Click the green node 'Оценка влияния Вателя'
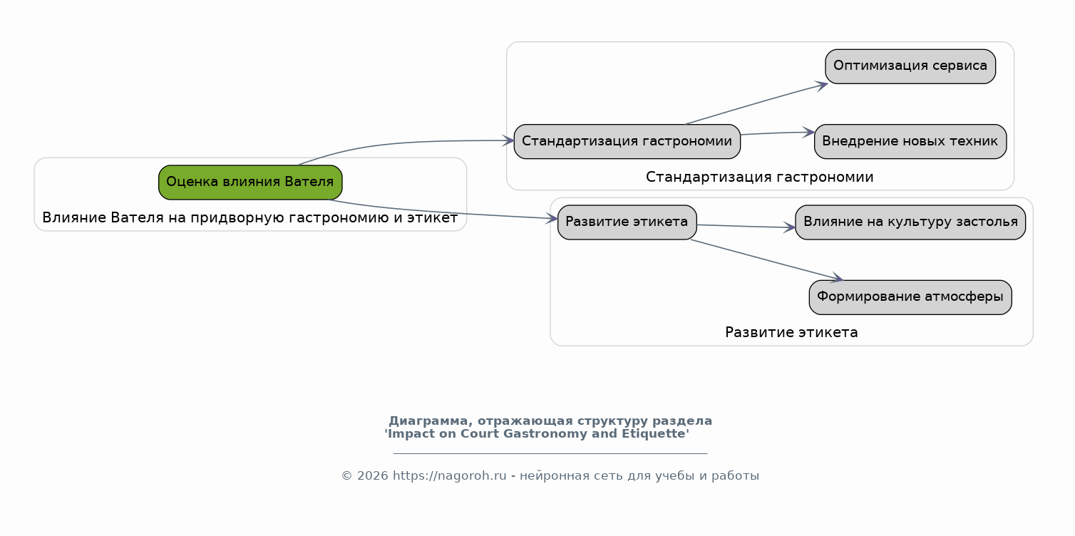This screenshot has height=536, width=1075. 250,182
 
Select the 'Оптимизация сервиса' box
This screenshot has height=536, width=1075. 910,66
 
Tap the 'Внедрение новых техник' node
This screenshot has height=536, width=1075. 910,142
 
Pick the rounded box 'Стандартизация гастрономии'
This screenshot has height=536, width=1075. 627,142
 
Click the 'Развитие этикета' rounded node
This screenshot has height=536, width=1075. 627,222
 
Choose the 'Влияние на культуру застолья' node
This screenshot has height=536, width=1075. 910,222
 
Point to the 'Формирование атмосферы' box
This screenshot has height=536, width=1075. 910,297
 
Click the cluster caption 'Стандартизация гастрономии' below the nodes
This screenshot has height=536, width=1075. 760,177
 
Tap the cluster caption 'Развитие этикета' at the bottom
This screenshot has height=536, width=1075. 791,333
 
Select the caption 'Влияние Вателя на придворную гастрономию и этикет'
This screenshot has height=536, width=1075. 250,218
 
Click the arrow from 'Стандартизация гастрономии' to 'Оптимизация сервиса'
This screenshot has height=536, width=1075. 757,104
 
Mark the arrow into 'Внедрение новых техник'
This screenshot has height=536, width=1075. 778,133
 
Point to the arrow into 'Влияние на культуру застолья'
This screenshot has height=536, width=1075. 746,227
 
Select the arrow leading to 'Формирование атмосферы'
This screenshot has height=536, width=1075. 766,259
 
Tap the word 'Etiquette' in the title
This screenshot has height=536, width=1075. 656,434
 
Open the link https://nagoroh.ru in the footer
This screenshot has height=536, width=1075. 449,476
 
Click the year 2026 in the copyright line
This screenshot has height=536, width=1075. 372,476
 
